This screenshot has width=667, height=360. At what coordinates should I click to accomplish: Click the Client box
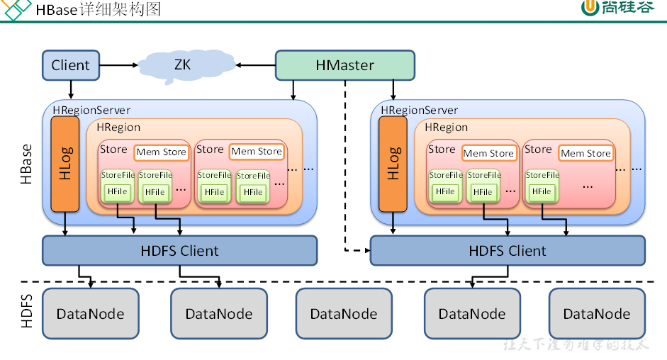(x=70, y=65)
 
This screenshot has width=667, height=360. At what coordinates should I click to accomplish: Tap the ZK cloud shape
(x=183, y=64)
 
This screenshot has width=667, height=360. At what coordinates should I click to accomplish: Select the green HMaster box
(x=344, y=65)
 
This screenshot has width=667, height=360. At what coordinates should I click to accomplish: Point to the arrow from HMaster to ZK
(x=256, y=65)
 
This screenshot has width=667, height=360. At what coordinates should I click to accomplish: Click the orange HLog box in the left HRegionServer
(x=65, y=164)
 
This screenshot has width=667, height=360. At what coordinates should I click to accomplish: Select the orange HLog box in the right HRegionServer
(x=393, y=164)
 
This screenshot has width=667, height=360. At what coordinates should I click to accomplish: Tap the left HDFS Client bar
(x=179, y=250)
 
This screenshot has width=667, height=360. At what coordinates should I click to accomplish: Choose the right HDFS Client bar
(x=508, y=250)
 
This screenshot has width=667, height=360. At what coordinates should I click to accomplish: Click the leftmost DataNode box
(x=90, y=313)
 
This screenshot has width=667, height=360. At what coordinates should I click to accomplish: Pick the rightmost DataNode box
(x=596, y=313)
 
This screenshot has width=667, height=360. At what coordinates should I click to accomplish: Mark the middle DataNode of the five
(x=344, y=313)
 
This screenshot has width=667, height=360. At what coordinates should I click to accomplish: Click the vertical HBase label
(x=26, y=164)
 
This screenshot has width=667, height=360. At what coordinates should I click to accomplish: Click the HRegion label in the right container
(x=447, y=128)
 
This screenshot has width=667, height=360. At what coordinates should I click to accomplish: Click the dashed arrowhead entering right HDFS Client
(x=366, y=250)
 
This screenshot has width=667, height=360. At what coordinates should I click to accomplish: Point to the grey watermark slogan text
(x=576, y=345)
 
